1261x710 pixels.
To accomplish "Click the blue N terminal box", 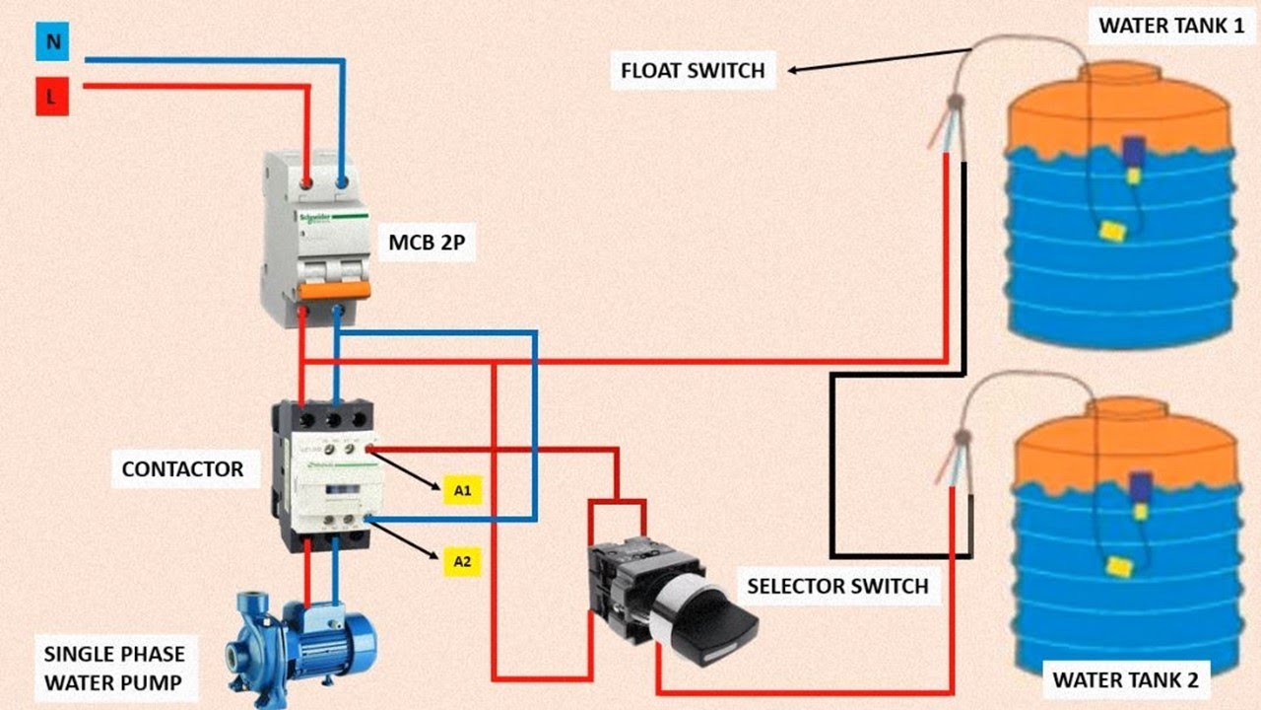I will (51, 42).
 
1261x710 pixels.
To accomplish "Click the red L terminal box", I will (51, 99).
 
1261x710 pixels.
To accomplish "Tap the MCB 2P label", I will (428, 242).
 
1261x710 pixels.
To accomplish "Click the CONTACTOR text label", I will (182, 468).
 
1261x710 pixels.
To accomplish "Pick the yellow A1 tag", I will (462, 490).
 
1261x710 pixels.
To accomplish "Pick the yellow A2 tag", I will (462, 562).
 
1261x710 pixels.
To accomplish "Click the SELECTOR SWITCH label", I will (837, 587).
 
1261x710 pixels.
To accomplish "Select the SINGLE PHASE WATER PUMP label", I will (114, 668).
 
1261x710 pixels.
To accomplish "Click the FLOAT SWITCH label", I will (693, 71).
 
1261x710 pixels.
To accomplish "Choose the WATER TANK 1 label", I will (1170, 26).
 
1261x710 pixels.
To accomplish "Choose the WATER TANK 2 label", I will (1125, 679).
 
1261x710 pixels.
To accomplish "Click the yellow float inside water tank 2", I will (1117, 565).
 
